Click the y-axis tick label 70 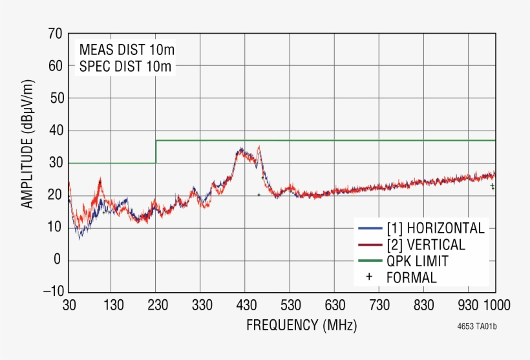tap(55, 34)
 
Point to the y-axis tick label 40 tap(55, 131)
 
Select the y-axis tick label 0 tap(58, 260)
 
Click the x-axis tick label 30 tap(69, 305)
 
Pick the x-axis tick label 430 tap(246, 305)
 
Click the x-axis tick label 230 tap(157, 305)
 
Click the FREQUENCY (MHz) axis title tap(301, 324)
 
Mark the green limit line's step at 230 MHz tap(156, 151)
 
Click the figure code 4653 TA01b tap(477, 326)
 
